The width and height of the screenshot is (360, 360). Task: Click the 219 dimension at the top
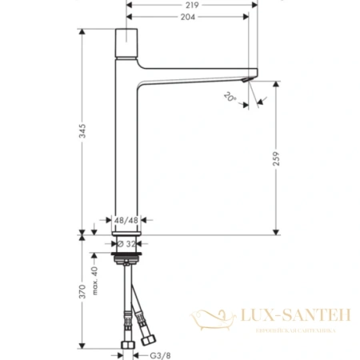(190, 4)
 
